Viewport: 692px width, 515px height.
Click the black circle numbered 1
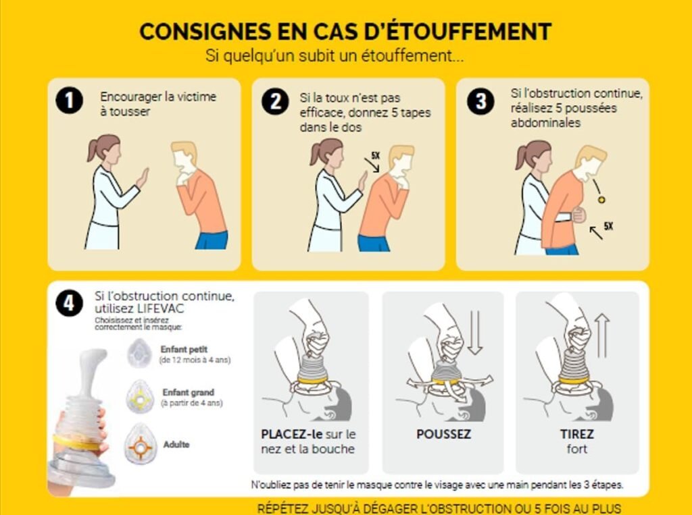pos(70,101)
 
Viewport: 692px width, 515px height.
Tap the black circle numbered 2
pos(276,101)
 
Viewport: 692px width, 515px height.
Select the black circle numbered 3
pos(480,101)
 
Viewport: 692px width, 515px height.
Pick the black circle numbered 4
pos(70,303)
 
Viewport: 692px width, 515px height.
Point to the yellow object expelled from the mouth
pos(601,200)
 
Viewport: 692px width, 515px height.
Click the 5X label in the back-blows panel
pos(375,155)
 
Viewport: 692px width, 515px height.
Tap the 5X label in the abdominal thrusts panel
pos(608,226)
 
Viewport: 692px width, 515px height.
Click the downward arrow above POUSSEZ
pos(475,332)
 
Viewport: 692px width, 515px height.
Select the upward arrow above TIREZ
pos(603,335)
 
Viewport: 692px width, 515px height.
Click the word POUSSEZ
pos(443,434)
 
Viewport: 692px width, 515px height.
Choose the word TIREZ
pos(577,434)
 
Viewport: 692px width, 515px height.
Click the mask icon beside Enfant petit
pos(139,353)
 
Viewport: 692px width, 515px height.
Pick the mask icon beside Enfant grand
pos(140,397)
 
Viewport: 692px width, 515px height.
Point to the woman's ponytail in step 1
pos(92,149)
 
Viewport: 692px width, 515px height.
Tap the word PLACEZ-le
pos(291,434)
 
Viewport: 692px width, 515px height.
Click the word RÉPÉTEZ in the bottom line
pos(283,508)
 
